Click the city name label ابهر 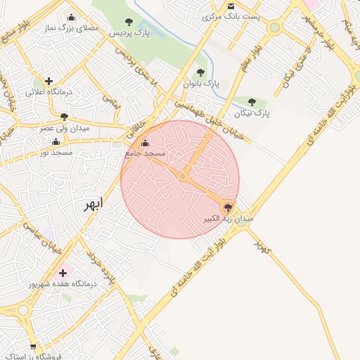pyautogui.click(x=92, y=204)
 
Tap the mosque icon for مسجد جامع pyautogui.click(x=146, y=143)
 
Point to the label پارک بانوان pyautogui.click(x=202, y=83)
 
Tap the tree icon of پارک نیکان pyautogui.click(x=252, y=102)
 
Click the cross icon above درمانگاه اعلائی pyautogui.click(x=49, y=81)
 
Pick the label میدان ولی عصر pyautogui.click(x=64, y=129)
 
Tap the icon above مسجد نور pyautogui.click(x=56, y=141)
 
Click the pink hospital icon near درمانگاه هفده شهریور pyautogui.click(x=63, y=272)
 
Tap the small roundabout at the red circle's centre pyautogui.click(x=182, y=176)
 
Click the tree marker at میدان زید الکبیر pyautogui.click(x=227, y=207)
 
